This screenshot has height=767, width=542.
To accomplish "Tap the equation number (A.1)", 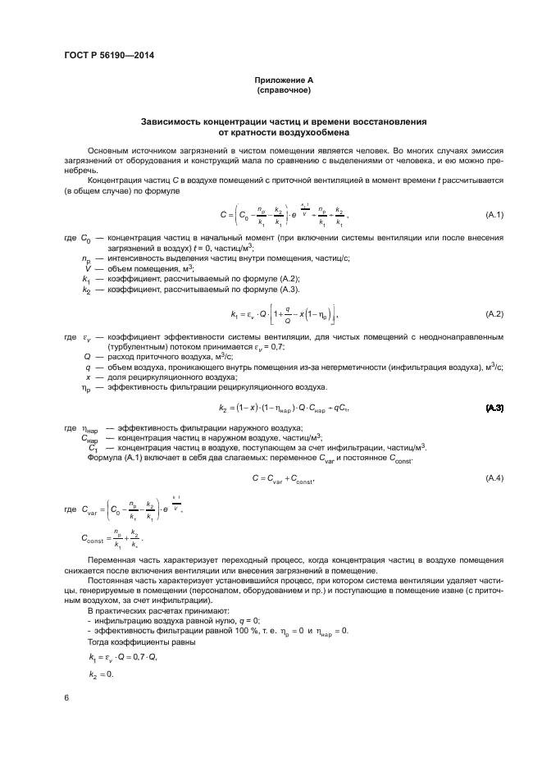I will tap(494, 215).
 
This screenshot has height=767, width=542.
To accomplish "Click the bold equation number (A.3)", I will tap(494, 408).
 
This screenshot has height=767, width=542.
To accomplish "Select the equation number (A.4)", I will tap(494, 477).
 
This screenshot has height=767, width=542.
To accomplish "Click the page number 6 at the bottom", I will tap(66, 698).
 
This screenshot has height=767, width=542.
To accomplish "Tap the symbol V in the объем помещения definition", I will tap(87, 269).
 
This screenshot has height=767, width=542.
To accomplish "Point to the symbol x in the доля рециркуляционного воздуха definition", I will tap(87, 377).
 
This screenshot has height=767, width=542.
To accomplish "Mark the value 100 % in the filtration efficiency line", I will tap(240, 630).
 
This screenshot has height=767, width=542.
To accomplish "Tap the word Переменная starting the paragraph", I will tap(114, 559).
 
